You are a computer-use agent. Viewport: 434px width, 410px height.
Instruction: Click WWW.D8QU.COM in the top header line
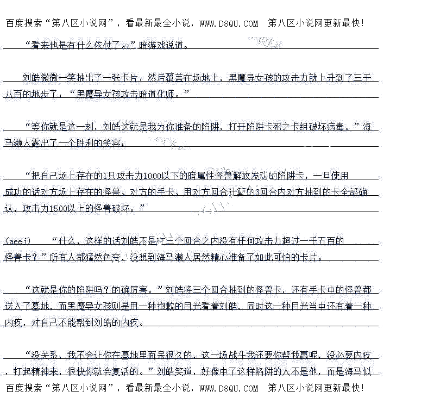[229, 23]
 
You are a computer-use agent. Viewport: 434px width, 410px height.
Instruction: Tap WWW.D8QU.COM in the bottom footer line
[229, 388]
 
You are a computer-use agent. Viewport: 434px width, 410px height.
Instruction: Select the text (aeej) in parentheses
[18, 241]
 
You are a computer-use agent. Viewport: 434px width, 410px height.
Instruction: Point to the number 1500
[60, 208]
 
